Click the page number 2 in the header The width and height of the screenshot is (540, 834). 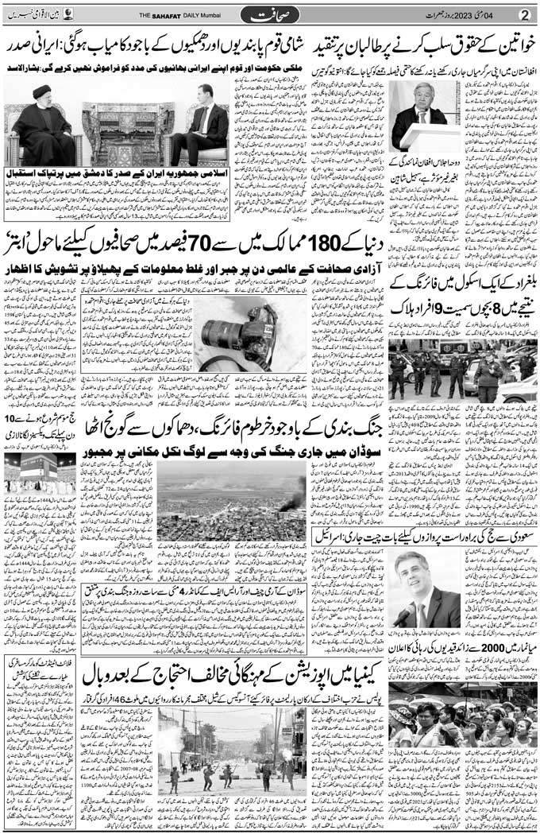(524, 14)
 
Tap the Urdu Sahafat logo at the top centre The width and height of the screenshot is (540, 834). (270, 14)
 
